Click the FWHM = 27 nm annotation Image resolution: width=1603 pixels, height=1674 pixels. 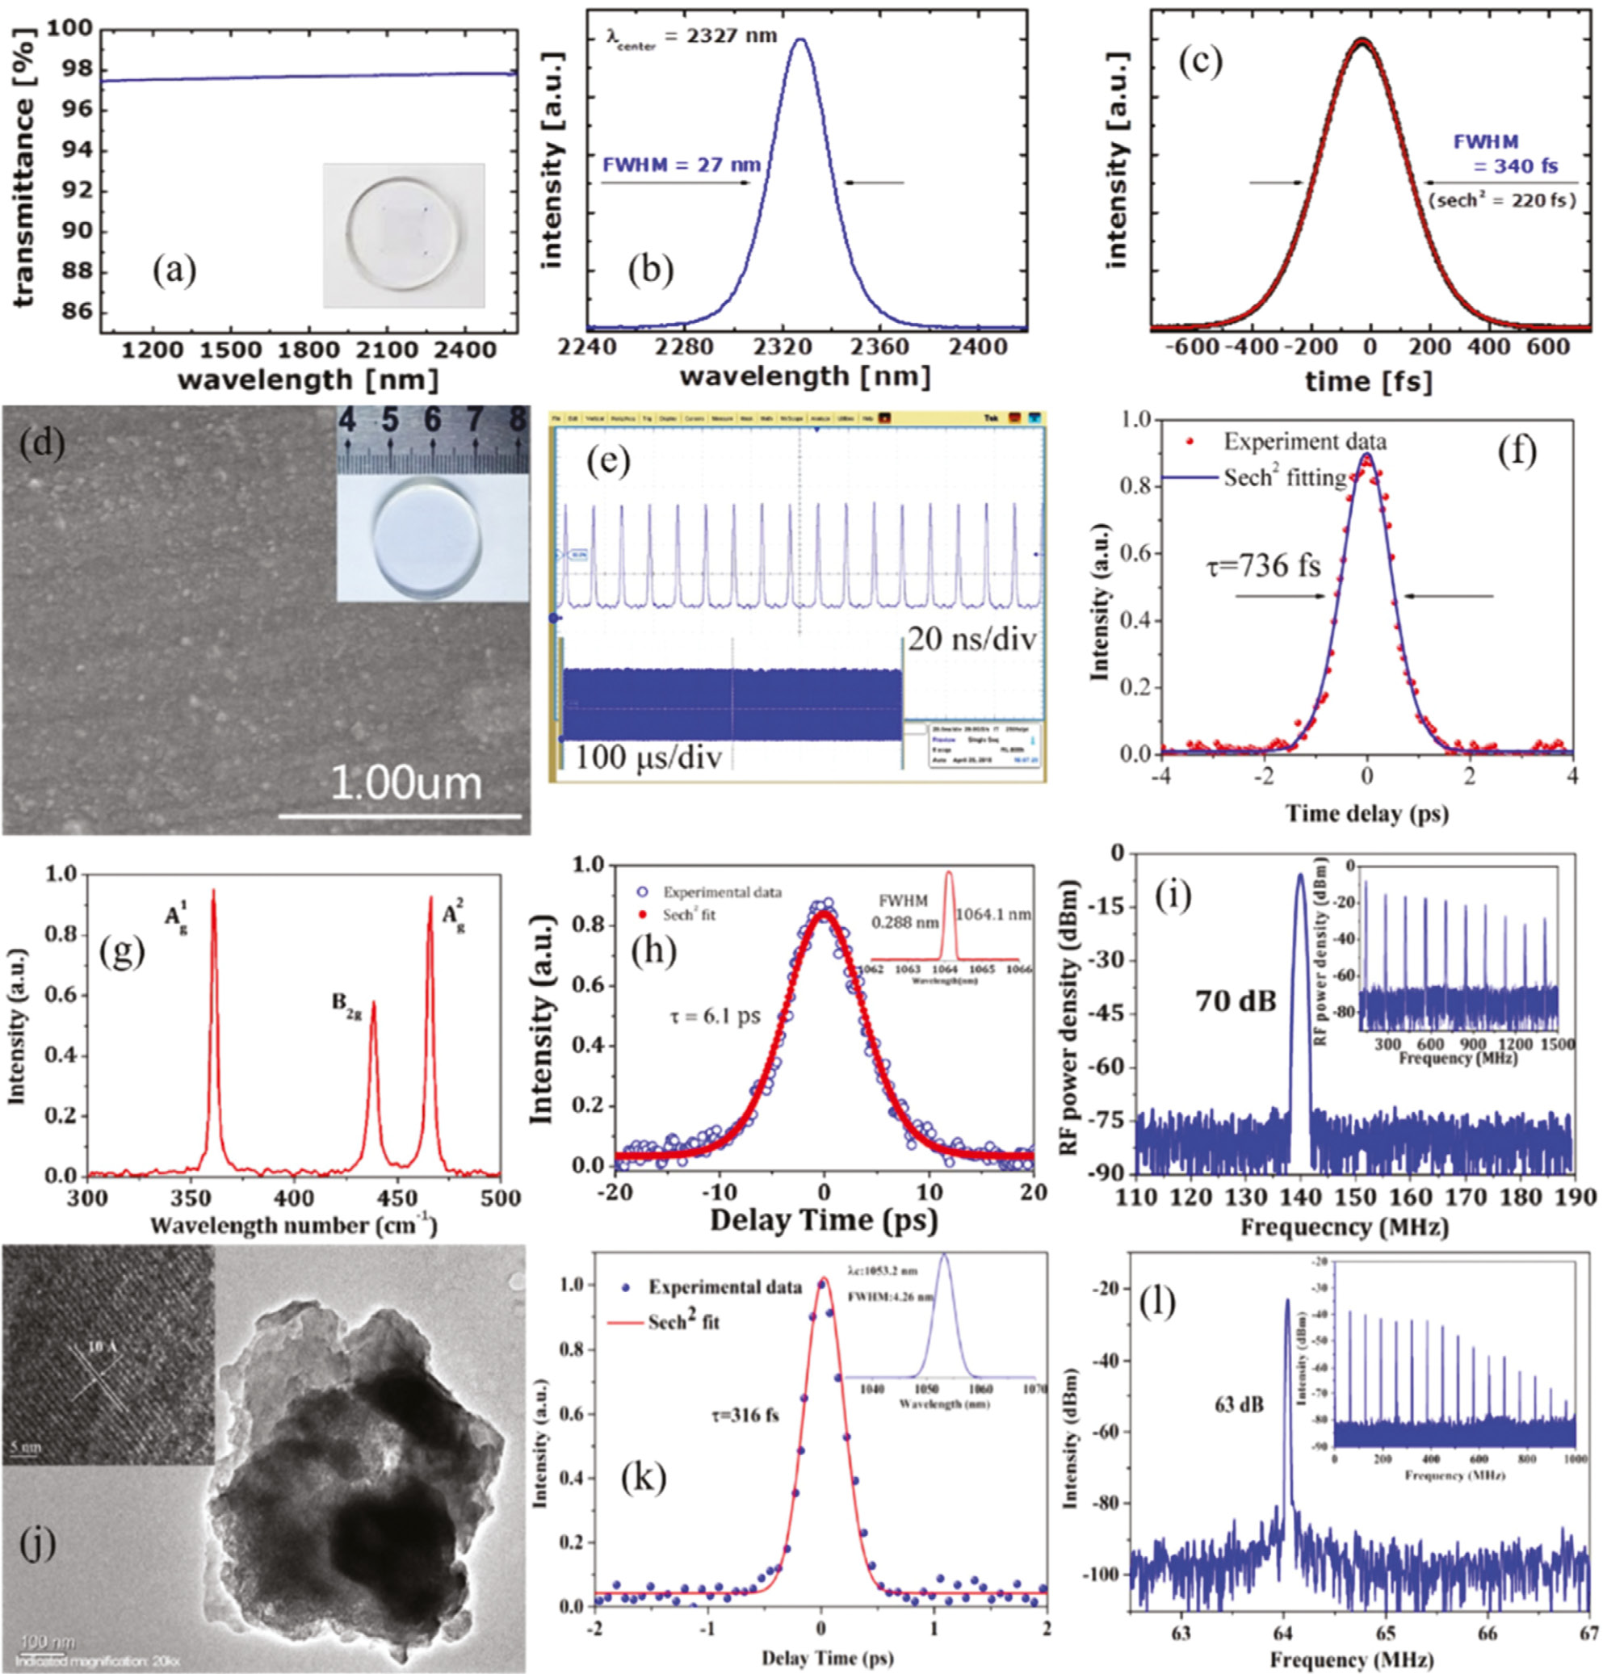681,165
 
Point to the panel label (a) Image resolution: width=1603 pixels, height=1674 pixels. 174,271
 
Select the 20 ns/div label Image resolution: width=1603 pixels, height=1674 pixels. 971,638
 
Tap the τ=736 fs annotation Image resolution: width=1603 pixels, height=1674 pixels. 1263,565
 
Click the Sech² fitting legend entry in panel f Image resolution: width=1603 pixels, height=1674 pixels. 1285,477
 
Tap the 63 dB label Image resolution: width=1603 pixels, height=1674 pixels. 1237,1404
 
